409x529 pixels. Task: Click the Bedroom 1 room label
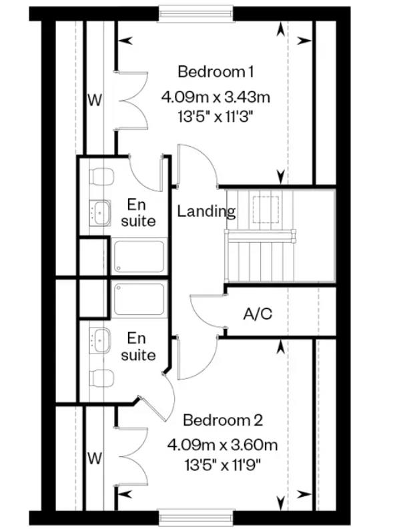tap(216, 72)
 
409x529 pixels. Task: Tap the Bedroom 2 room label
tap(223, 420)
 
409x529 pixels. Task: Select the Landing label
tap(206, 211)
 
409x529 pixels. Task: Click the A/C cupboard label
tap(258, 314)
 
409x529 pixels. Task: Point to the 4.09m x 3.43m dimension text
tap(216, 97)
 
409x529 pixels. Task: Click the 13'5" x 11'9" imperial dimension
tap(223, 466)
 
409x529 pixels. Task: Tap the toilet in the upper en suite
tap(101, 177)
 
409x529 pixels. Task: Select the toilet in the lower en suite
tap(101, 378)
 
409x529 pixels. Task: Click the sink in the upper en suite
tap(100, 213)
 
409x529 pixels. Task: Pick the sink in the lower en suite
tap(100, 340)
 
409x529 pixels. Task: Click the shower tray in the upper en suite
tap(139, 256)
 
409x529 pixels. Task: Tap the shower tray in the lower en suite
tap(139, 299)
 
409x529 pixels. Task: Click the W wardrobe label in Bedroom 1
tap(95, 100)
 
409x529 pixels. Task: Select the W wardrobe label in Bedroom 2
tap(95, 458)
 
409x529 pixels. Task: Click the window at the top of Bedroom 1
tap(195, 13)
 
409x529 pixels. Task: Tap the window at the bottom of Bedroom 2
tap(195, 518)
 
